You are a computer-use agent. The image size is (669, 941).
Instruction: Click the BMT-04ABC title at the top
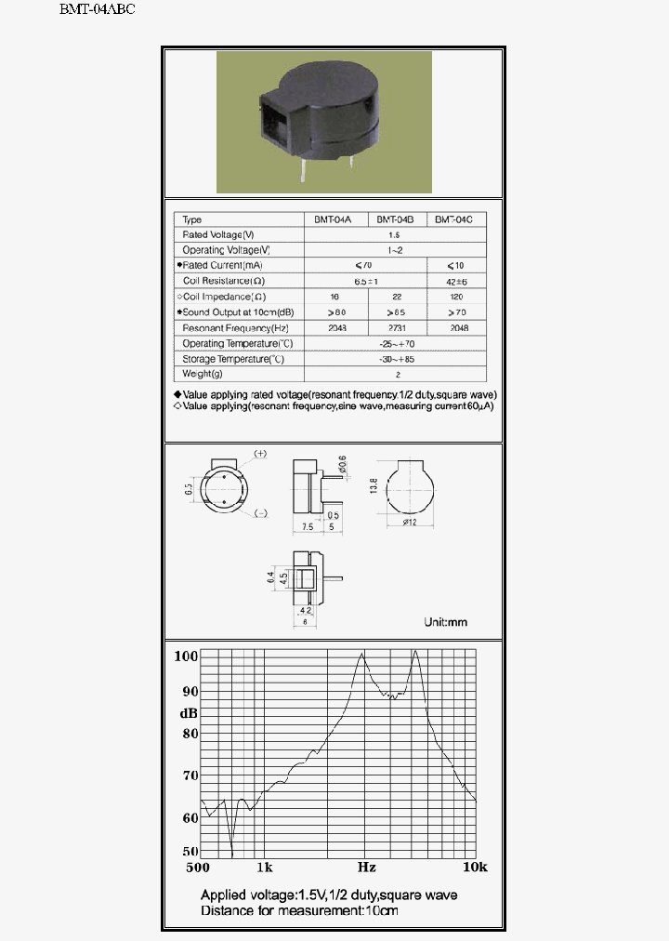coord(98,10)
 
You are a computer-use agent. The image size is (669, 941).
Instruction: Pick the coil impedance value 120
coord(456,297)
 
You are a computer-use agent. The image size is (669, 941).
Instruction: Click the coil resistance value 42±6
coord(456,281)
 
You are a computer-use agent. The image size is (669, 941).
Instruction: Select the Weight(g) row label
coord(203,374)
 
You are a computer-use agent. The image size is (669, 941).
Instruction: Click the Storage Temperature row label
coord(233,359)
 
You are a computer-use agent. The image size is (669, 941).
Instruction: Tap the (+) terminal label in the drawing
coord(260,454)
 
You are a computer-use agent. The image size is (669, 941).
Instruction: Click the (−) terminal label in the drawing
coord(261,513)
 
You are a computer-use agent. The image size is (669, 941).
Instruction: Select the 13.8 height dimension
coord(374,487)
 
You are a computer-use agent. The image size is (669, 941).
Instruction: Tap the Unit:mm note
coord(445,622)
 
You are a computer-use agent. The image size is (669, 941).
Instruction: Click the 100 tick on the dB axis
coord(187,656)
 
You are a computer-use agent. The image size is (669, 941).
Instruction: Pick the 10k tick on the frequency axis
coord(475,867)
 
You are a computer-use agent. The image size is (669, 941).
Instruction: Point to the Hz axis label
coord(366,867)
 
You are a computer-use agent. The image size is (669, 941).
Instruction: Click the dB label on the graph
coord(188,713)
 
